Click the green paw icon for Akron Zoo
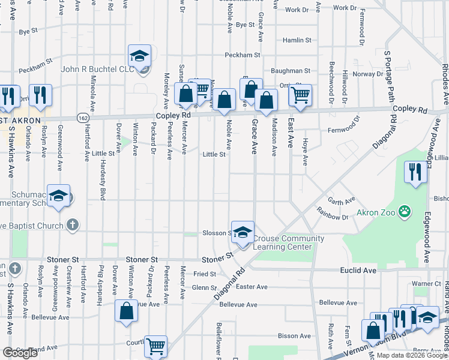406,211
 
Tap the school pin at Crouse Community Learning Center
243,233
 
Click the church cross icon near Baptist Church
72,225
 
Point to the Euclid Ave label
359,271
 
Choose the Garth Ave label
342,200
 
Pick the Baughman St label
290,70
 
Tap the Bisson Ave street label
297,336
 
